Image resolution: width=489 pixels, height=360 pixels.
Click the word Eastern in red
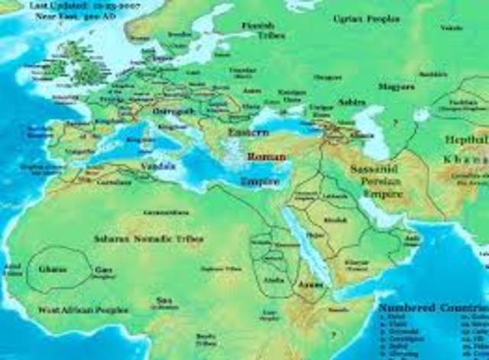[248, 133]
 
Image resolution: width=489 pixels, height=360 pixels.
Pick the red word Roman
[265, 157]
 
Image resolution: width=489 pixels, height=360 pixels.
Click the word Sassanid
[371, 167]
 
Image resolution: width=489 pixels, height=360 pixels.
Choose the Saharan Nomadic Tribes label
[149, 238]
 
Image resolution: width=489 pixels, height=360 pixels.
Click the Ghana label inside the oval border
[57, 269]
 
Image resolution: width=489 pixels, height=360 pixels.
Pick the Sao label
[162, 300]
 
